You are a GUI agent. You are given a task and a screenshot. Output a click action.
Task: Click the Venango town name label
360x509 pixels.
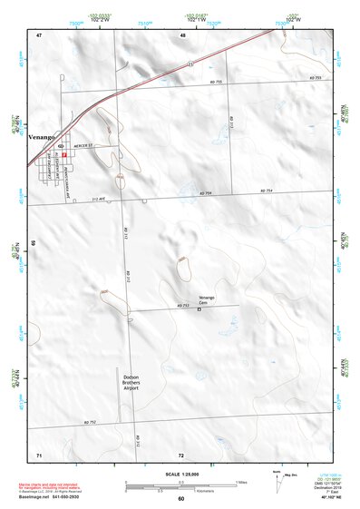[43, 136]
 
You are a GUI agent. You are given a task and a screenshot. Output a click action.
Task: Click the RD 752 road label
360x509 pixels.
[90, 422]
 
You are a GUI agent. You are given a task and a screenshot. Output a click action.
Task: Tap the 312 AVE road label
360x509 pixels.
[100, 199]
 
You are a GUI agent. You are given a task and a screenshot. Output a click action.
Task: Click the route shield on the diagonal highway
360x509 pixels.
[190, 64]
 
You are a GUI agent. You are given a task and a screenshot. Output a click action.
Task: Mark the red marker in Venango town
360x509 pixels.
[65, 154]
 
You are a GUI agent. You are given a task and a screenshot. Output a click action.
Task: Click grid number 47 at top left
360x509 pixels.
[39, 34]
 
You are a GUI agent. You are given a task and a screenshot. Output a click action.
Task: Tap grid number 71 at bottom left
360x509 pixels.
[39, 453]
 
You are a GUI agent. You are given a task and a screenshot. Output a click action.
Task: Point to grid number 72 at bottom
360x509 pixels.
[182, 453]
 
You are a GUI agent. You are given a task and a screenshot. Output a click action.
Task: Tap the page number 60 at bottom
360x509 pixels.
[181, 499]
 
